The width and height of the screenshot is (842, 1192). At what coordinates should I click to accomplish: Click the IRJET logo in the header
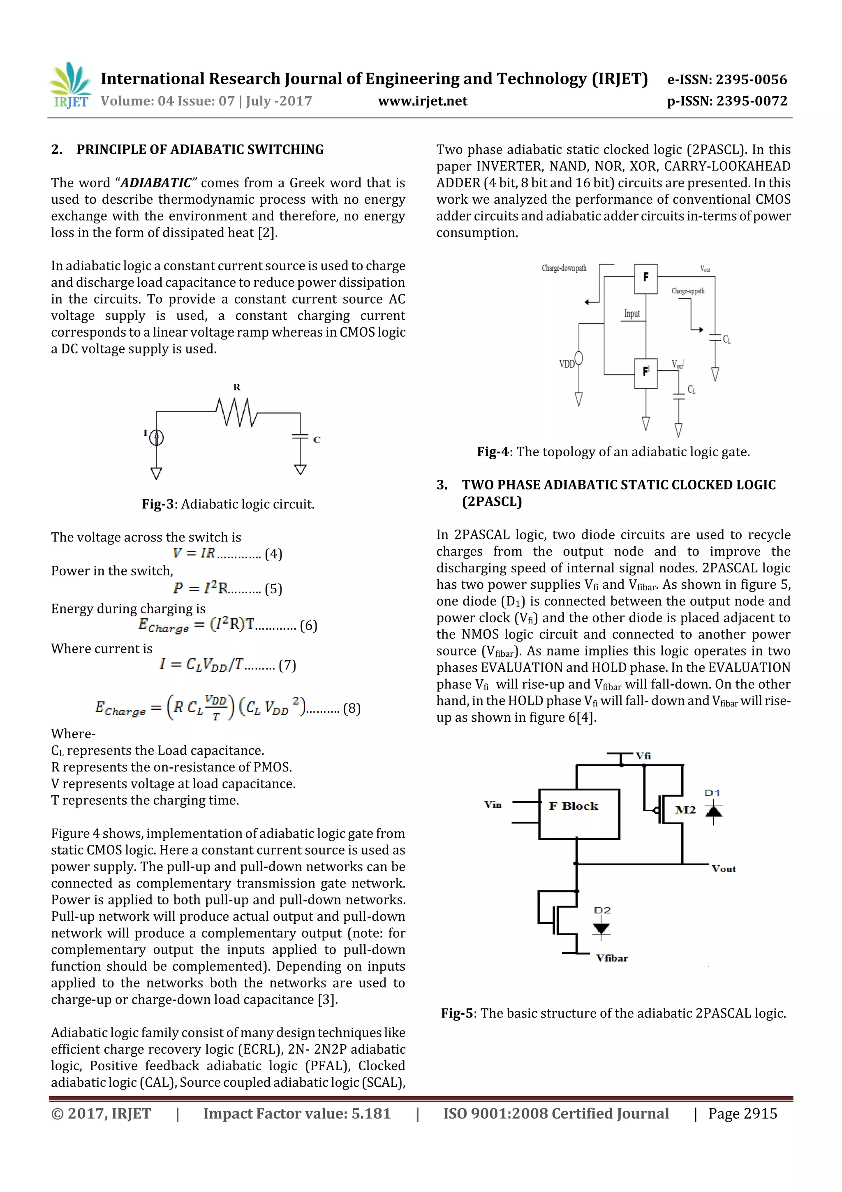(x=69, y=86)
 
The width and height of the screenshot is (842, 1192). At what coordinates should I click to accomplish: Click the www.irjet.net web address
(x=422, y=101)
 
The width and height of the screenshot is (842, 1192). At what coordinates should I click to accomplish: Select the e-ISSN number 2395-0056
(x=751, y=79)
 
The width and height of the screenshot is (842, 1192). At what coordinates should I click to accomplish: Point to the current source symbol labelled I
(x=156, y=438)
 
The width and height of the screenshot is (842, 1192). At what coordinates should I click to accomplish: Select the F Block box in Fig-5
(x=579, y=813)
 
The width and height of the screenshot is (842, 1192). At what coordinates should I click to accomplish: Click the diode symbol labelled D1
(x=714, y=811)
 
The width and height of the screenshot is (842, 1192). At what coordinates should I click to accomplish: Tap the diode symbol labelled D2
(x=601, y=928)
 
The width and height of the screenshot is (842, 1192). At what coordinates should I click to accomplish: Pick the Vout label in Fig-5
(x=724, y=869)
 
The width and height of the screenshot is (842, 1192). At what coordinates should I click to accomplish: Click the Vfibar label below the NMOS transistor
(x=612, y=958)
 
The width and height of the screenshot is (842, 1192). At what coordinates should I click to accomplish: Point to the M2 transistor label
(x=685, y=810)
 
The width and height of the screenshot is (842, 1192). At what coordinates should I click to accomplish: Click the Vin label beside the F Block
(x=493, y=805)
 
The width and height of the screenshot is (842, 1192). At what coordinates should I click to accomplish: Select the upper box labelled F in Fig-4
(x=646, y=278)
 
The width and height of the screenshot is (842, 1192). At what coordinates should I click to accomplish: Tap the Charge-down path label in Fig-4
(x=564, y=268)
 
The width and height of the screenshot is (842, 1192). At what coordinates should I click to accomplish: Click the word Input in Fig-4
(x=632, y=314)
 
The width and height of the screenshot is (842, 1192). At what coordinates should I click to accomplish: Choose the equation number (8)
(x=352, y=709)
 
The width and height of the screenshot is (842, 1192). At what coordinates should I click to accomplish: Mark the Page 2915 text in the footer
(x=743, y=1113)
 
